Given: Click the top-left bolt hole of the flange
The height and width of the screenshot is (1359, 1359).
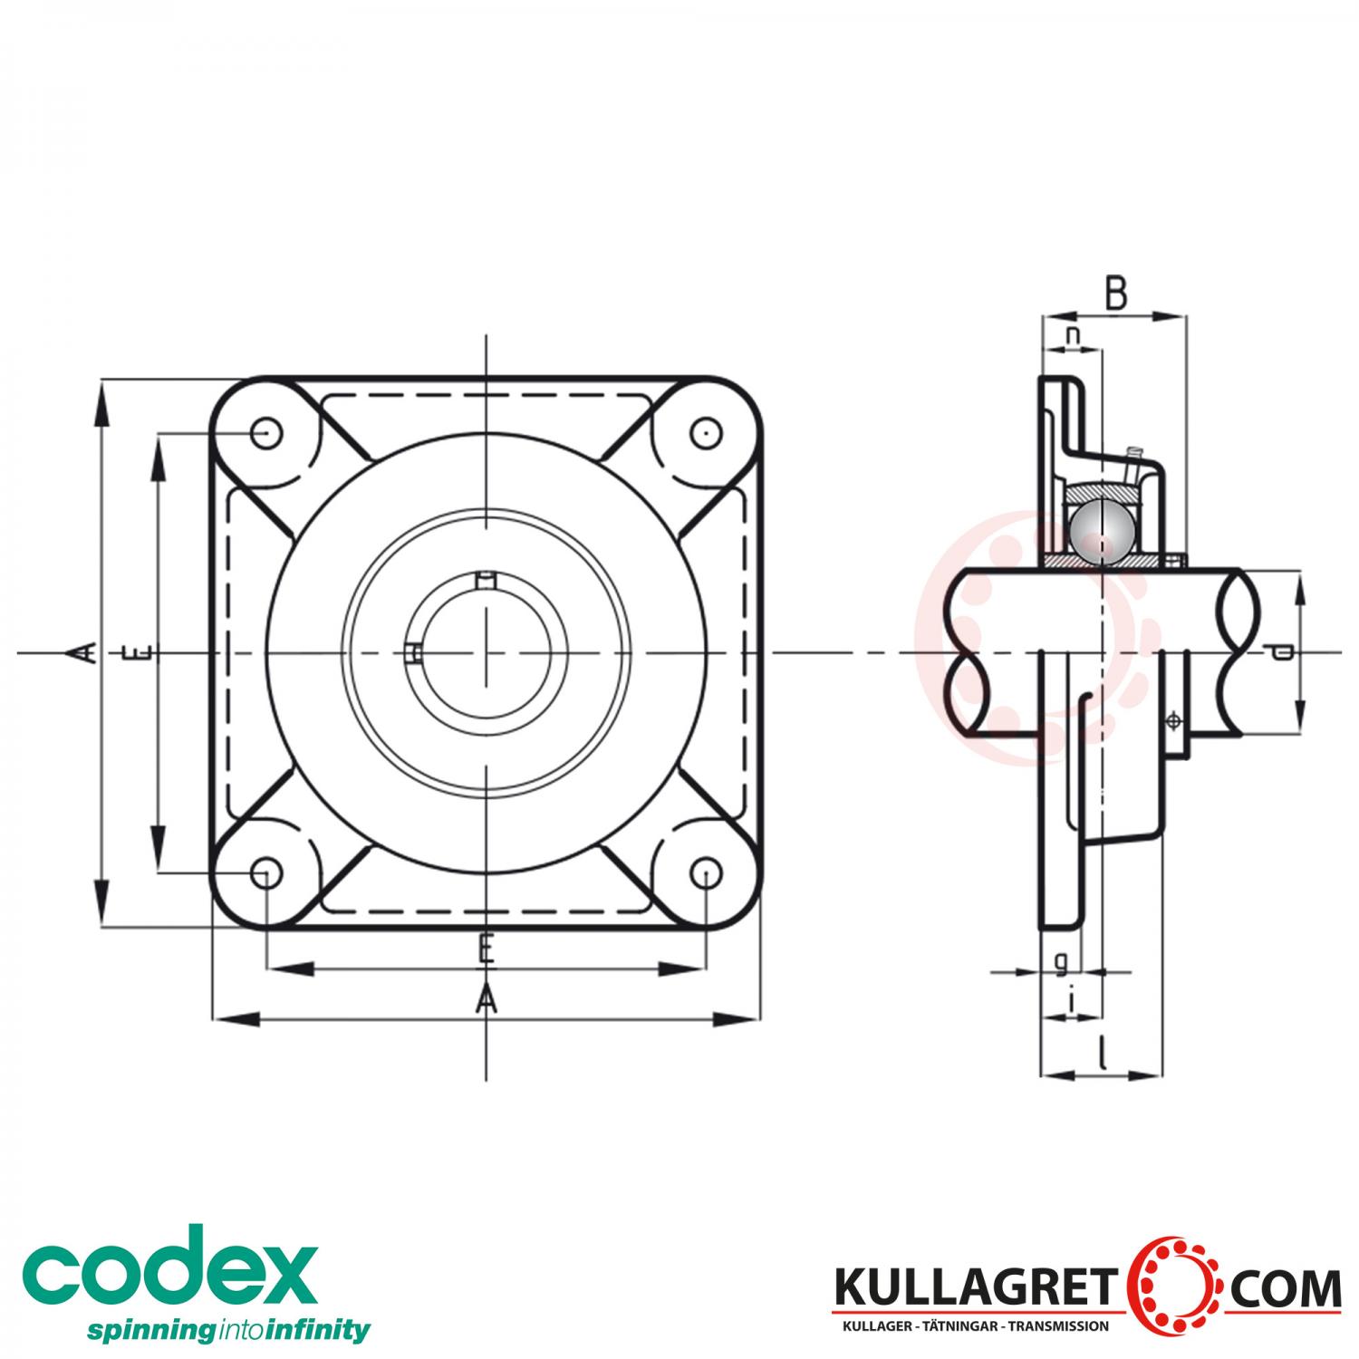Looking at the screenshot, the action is coord(265,434).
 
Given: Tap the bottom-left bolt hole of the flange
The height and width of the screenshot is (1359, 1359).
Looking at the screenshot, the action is coord(265,873).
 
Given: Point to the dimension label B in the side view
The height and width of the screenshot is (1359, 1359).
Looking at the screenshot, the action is coord(1116,294).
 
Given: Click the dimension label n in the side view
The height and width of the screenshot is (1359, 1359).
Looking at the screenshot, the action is coord(1073,335).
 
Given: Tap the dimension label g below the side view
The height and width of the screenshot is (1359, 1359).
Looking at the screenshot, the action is coord(1061,961).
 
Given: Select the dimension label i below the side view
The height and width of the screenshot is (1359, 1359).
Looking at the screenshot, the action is coord(1073,1001).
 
